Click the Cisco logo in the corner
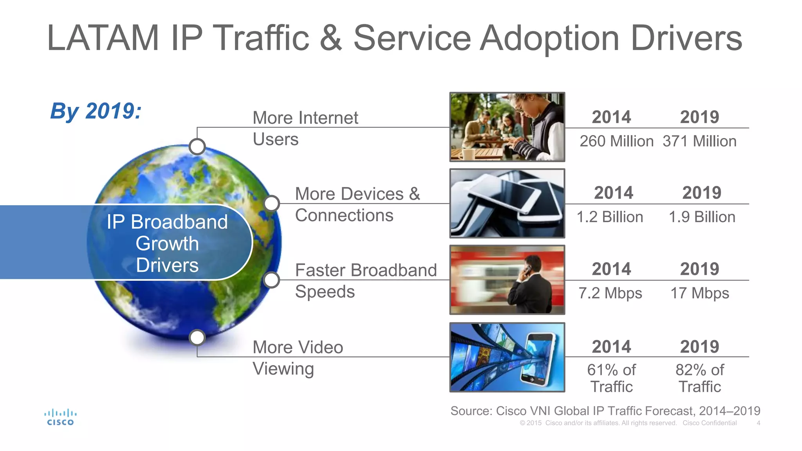click(60, 417)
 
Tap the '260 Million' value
click(616, 141)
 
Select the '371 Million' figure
click(699, 141)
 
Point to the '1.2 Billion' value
click(610, 217)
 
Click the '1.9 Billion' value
click(702, 217)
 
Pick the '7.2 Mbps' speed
click(610, 293)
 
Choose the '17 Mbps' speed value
click(700, 293)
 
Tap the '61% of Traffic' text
click(611, 378)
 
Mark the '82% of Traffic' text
click(700, 378)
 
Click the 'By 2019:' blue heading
click(96, 111)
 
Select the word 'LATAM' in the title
click(103, 38)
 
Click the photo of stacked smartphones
click(507, 204)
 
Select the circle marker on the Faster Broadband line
click(271, 280)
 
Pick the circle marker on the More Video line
click(197, 337)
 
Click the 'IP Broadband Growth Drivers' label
click(167, 244)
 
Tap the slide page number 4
click(758, 423)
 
